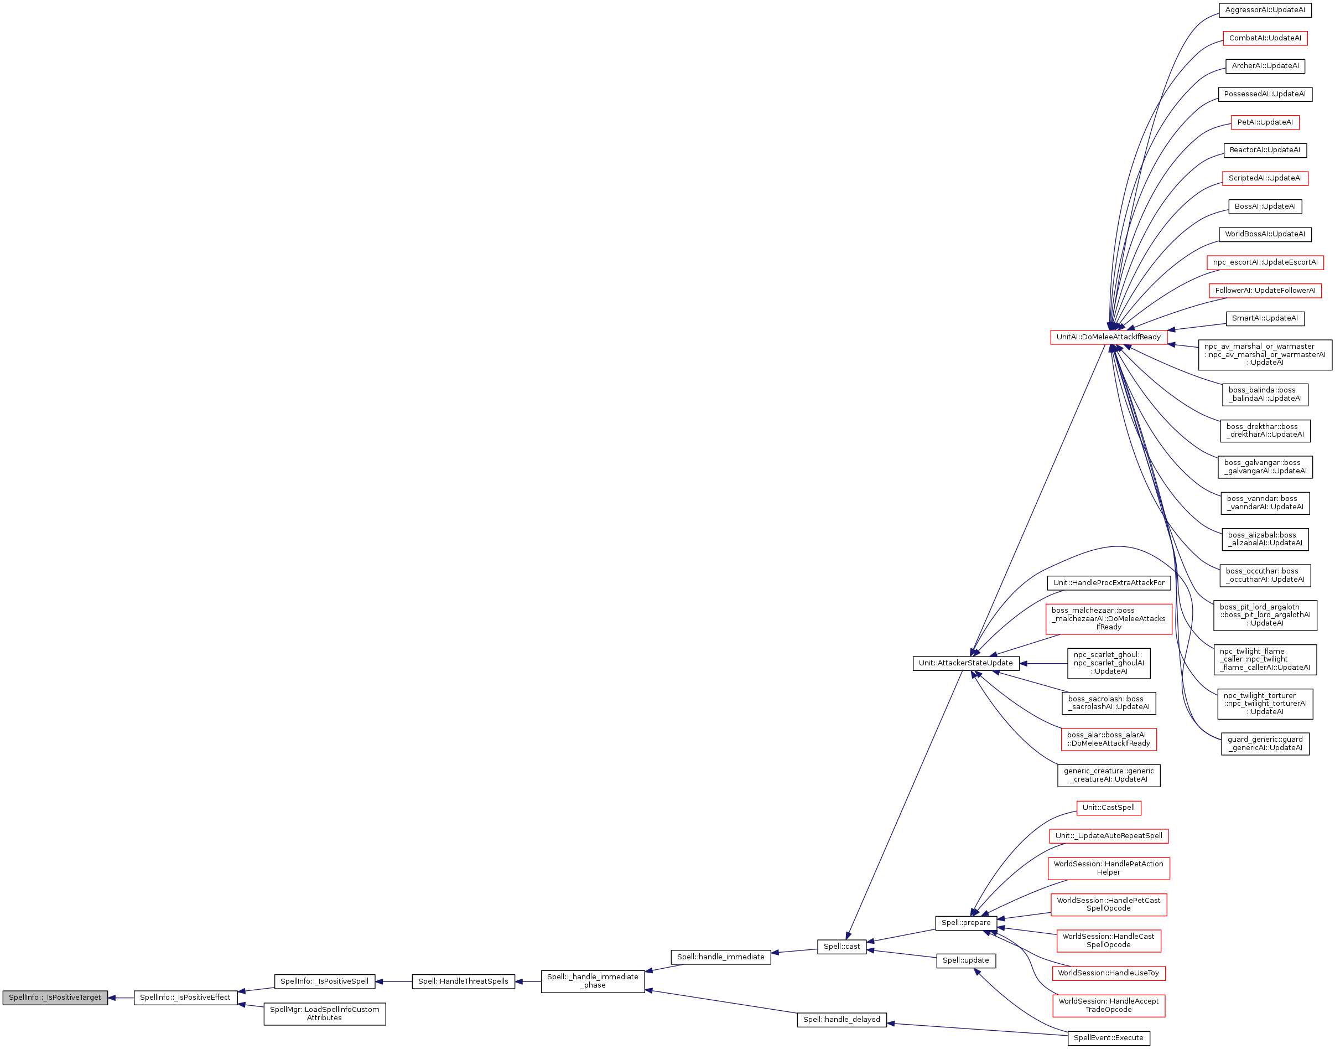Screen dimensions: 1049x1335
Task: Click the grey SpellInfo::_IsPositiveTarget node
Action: point(55,998)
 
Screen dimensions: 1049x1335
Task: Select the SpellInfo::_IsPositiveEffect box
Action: point(185,998)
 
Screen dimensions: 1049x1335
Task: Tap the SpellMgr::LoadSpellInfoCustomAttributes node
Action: point(324,1014)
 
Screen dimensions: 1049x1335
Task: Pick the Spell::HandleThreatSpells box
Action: point(463,981)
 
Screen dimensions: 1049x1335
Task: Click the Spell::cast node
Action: point(841,947)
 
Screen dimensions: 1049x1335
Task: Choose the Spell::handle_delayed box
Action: point(841,1020)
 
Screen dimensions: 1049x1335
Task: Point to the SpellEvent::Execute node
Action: point(1109,1038)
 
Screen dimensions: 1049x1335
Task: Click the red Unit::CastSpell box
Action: point(1109,808)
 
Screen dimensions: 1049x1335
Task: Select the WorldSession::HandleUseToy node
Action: point(1109,973)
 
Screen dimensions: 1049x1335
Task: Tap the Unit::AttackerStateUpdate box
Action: point(965,663)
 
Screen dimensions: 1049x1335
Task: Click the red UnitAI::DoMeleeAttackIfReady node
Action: point(1109,337)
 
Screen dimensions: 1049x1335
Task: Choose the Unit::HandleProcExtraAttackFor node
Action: point(1109,583)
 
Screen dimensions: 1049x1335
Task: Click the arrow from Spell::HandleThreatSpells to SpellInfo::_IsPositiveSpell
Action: point(393,981)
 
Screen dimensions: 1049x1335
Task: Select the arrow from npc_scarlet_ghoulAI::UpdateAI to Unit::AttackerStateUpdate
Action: point(1043,663)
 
